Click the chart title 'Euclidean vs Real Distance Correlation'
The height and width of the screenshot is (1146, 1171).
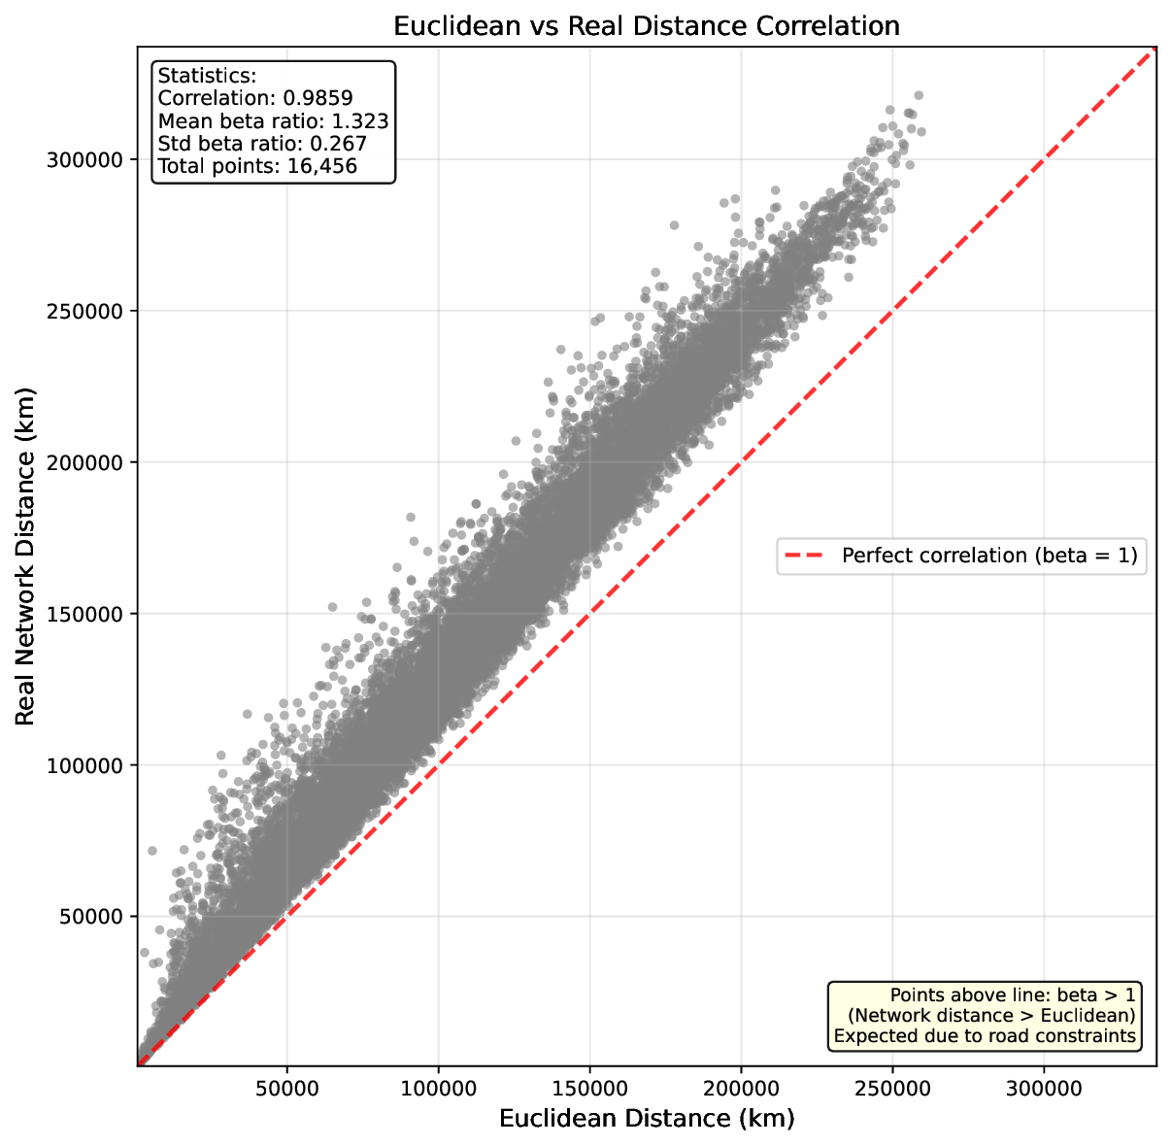click(x=647, y=26)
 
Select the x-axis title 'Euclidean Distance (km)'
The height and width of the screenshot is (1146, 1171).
click(x=647, y=1119)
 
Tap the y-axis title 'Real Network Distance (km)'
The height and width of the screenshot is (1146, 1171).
click(x=26, y=556)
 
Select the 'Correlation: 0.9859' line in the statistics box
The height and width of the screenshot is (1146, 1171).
click(x=255, y=98)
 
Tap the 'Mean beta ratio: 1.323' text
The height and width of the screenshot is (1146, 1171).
click(x=273, y=121)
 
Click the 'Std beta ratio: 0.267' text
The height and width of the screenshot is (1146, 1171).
click(x=262, y=144)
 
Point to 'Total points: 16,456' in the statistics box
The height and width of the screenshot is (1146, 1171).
click(x=257, y=166)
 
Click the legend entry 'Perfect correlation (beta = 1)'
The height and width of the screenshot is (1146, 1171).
click(x=988, y=556)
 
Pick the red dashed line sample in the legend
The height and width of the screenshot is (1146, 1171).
click(x=805, y=556)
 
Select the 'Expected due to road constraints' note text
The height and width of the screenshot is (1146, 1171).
click(x=985, y=1036)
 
